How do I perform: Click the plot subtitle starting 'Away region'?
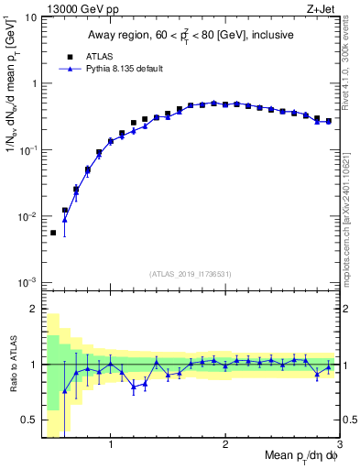pyautogui.click(x=190, y=36)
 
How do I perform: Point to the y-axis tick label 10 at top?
pyautogui.click(x=30, y=17)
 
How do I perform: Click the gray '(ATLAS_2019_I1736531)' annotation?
pyautogui.click(x=191, y=274)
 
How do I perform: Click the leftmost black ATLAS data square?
pyautogui.click(x=53, y=233)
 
